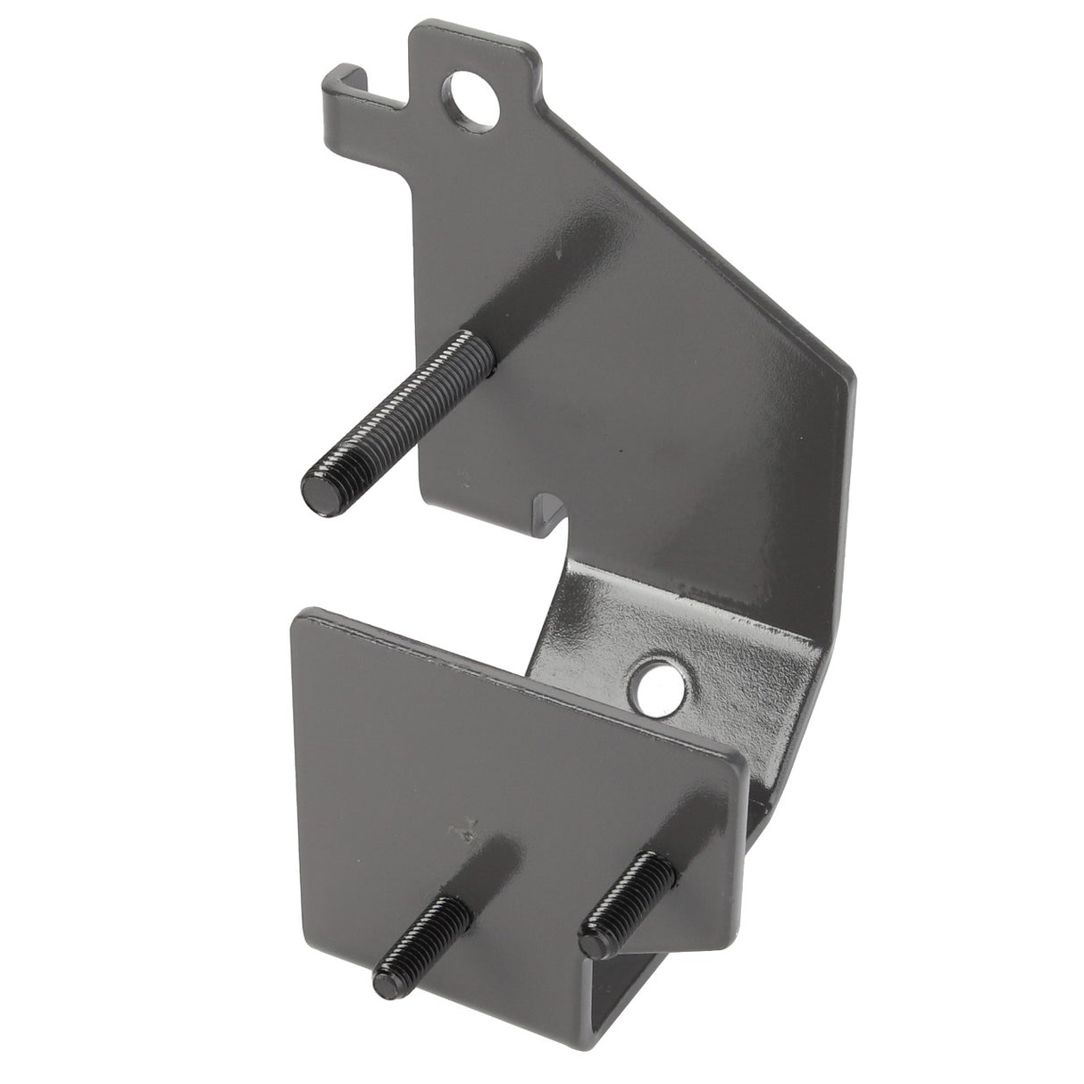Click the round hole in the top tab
click(466, 92)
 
